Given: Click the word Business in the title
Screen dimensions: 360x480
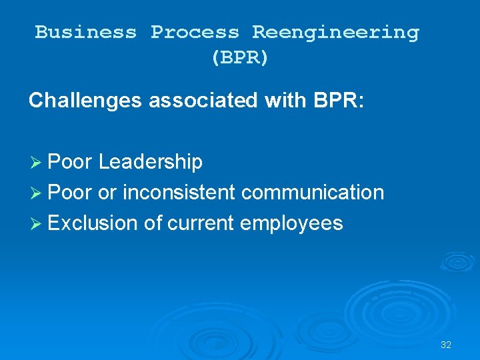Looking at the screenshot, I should [85, 32].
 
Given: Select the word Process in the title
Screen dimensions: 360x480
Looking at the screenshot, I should [194, 32].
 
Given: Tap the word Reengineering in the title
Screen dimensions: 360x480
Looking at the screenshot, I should [335, 32].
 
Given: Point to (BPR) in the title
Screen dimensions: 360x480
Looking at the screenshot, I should [240, 57].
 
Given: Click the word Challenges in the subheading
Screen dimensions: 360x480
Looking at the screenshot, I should [85, 101].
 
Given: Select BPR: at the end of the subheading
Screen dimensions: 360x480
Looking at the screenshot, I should [333, 101].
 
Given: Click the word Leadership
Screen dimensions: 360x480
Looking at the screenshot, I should [150, 162].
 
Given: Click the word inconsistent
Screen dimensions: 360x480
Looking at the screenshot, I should [179, 193].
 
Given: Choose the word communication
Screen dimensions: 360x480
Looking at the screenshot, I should [313, 193].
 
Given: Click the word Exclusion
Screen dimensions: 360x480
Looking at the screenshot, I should [93, 223].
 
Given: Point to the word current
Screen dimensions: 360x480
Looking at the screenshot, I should [200, 223].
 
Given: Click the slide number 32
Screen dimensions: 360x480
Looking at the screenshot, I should [446, 345].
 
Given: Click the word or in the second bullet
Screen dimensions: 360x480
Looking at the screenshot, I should [107, 193].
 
